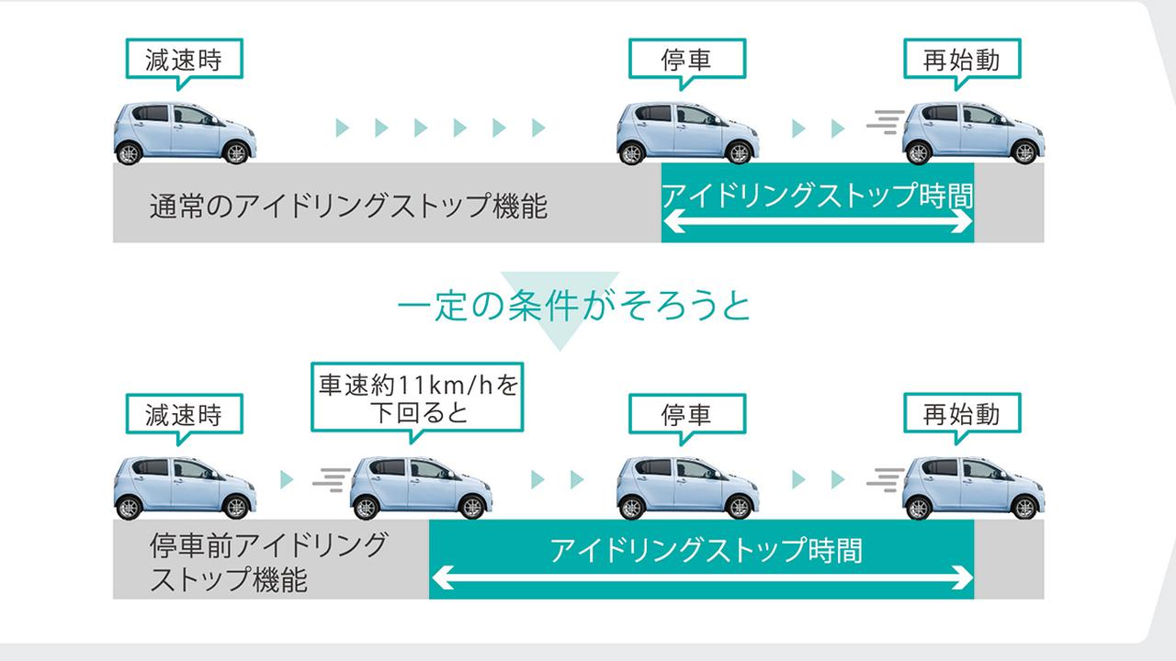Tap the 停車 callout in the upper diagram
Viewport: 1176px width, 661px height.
(686, 61)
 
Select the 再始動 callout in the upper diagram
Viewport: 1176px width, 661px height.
(961, 61)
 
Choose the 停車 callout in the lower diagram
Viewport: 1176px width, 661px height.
(686, 415)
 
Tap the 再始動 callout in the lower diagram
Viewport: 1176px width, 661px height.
(961, 415)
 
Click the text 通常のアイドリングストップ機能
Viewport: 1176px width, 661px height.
(348, 207)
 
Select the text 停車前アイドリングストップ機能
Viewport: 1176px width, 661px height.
(267, 562)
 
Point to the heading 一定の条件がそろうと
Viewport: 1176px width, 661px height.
(574, 306)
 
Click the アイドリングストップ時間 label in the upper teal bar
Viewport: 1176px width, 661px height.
(817, 195)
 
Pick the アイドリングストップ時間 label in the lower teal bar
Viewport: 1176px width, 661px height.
(706, 550)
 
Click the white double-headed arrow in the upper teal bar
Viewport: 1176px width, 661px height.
(817, 222)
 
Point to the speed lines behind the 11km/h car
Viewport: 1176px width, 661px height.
(332, 478)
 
